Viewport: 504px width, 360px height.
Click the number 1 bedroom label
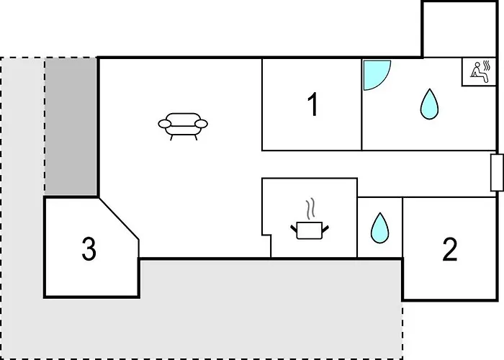312,104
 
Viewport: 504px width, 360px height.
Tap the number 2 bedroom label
450,249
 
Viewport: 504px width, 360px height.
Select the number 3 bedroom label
89,248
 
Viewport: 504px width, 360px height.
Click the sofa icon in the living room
183,126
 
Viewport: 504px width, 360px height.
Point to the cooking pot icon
310,230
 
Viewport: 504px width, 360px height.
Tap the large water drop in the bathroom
429,104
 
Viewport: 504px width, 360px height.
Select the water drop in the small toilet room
379,228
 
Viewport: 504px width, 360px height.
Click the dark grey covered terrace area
71,126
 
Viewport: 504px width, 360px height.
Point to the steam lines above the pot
310,209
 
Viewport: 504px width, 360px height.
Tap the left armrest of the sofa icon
164,124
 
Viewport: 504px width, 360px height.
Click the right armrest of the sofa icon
202,124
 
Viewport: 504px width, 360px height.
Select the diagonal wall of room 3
119,219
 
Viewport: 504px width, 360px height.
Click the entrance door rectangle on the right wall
497,173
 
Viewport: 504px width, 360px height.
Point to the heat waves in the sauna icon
487,65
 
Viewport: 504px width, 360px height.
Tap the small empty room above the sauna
459,30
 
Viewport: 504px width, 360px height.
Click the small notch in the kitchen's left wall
266,235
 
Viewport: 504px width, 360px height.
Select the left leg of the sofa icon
171,138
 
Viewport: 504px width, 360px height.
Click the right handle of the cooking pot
325,228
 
